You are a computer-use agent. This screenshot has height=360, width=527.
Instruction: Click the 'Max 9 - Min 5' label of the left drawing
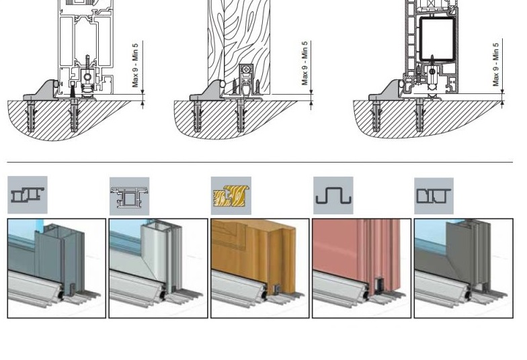135,65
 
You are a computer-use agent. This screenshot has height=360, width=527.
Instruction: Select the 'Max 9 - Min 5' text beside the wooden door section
305,63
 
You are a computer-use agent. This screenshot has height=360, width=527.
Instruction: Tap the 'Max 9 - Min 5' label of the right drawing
496,64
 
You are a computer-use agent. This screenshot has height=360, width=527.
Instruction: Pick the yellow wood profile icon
231,196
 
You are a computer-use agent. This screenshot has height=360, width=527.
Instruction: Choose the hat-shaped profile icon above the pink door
333,196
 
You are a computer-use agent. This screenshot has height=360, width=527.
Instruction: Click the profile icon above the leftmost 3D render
28,195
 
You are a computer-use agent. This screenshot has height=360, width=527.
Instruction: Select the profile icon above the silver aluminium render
129,196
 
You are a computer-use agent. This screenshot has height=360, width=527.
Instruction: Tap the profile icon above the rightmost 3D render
434,196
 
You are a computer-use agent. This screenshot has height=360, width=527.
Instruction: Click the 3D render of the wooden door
260,268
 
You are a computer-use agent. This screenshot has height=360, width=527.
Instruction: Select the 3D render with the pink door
362,268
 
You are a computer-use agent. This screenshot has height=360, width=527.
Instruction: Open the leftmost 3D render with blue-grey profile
56,268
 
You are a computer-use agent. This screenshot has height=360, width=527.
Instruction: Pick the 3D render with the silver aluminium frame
158,268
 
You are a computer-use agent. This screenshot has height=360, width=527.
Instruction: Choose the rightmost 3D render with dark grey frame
463,268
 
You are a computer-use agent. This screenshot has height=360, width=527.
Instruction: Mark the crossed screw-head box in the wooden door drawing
247,69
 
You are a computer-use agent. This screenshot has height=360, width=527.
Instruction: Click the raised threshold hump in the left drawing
42,90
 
